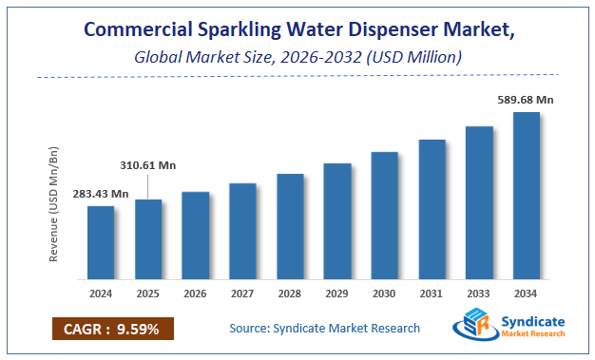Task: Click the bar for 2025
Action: [148, 240]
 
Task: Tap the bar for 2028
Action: [290, 227]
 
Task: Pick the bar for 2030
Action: [384, 217]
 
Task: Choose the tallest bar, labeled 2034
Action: [526, 197]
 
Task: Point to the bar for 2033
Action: [479, 203]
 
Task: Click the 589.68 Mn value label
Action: [526, 98]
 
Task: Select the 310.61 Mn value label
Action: [148, 164]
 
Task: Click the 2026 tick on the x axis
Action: [195, 293]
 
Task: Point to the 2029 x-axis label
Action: [336, 293]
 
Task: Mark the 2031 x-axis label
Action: [432, 293]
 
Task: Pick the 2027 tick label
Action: [242, 293]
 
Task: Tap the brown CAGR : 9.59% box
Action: [113, 329]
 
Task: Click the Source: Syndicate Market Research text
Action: [324, 329]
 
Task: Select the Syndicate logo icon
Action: [473, 327]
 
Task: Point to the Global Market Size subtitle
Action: [297, 57]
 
